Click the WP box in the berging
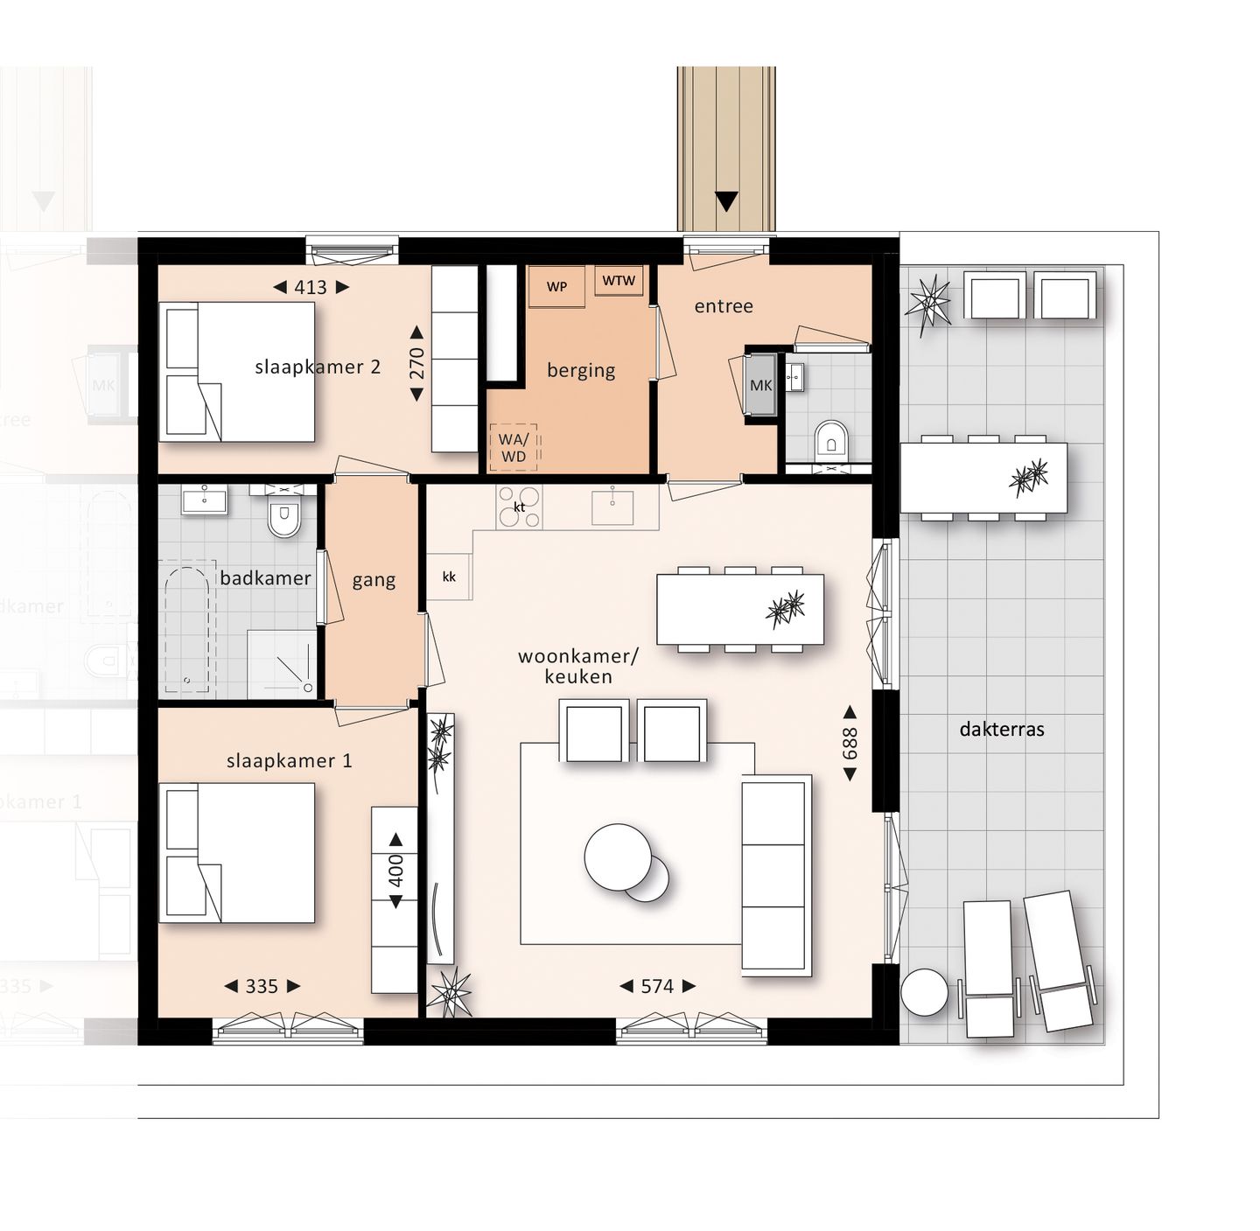[x=556, y=287]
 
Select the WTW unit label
[x=619, y=281]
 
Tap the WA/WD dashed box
[x=514, y=448]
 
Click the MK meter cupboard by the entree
[x=760, y=385]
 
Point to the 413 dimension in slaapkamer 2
[x=311, y=287]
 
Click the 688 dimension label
[x=850, y=744]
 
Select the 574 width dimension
[x=657, y=987]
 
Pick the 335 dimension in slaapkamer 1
[x=262, y=987]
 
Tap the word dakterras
[x=1002, y=730]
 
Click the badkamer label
[x=265, y=578]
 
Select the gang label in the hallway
[x=374, y=580]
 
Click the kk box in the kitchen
[x=450, y=577]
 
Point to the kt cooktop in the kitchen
[x=520, y=507]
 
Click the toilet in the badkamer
[x=283, y=518]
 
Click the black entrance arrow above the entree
[x=726, y=201]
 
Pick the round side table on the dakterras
[x=924, y=993]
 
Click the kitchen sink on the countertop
[x=612, y=507]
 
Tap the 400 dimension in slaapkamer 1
[x=395, y=870]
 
